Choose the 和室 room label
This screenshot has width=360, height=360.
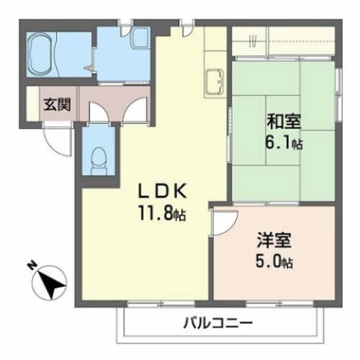(x=280, y=122)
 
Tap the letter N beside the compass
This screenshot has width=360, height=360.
(x=33, y=265)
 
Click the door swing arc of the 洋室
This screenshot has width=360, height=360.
(x=224, y=220)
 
